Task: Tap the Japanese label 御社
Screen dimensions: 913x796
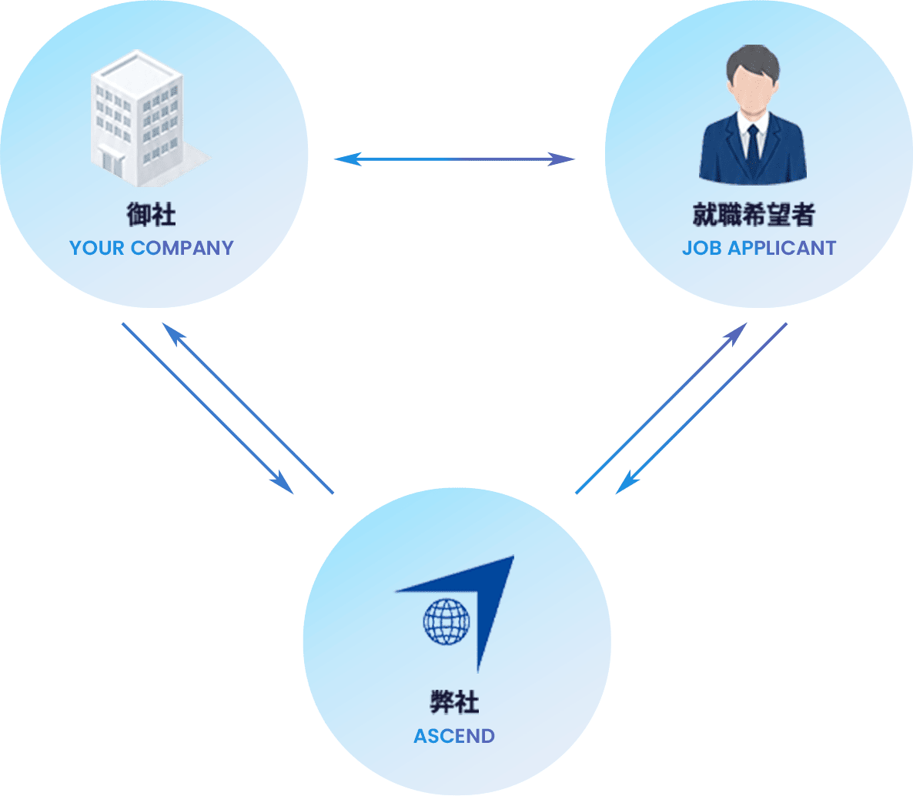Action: pyautogui.click(x=152, y=214)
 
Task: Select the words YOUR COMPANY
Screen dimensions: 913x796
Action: pyautogui.click(x=152, y=248)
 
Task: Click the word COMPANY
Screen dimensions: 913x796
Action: pyautogui.click(x=182, y=248)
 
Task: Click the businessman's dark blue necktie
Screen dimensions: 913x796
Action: pyautogui.click(x=753, y=149)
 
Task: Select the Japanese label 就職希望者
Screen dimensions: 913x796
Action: pyautogui.click(x=754, y=214)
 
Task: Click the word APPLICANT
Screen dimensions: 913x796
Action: pyautogui.click(x=782, y=248)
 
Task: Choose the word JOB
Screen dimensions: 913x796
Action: pyautogui.click(x=702, y=248)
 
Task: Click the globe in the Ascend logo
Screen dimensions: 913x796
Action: pyautogui.click(x=446, y=622)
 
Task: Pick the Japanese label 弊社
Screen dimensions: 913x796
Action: pyautogui.click(x=455, y=702)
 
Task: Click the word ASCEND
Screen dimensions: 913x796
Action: pyautogui.click(x=454, y=736)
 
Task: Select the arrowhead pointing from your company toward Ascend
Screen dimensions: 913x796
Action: pyautogui.click(x=283, y=483)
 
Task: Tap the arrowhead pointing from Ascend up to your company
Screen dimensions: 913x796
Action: pyautogui.click(x=173, y=334)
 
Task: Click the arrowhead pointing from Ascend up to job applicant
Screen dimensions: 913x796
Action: pyautogui.click(x=736, y=334)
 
